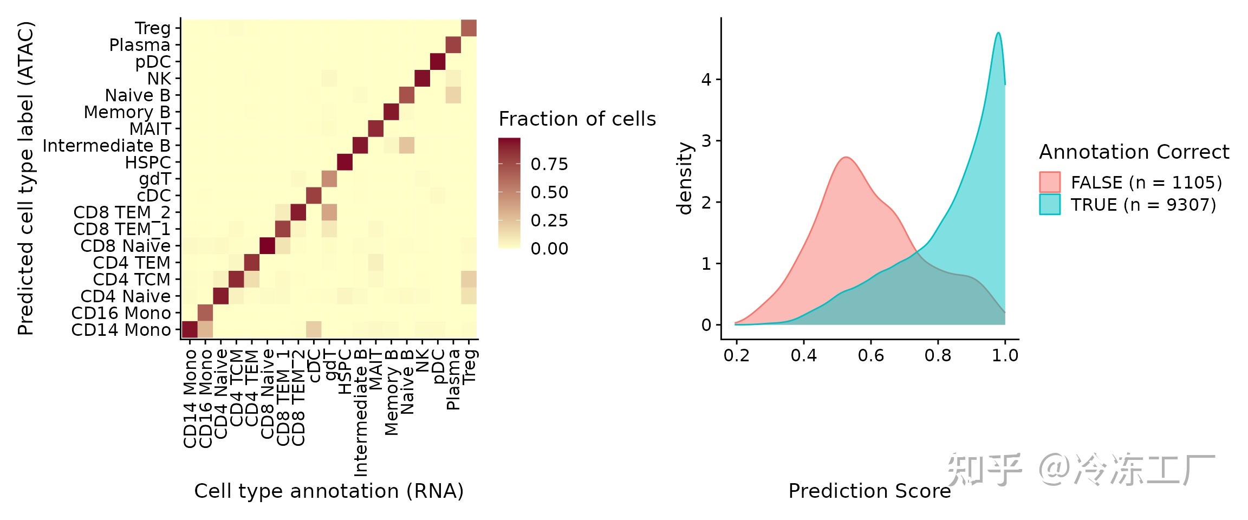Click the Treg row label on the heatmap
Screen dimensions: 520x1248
click(x=153, y=28)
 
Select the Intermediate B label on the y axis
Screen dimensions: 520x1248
click(x=106, y=146)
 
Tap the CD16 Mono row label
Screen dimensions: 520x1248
click(x=121, y=313)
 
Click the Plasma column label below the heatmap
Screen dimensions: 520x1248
click(x=453, y=379)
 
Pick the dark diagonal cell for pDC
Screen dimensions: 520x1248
click(x=438, y=62)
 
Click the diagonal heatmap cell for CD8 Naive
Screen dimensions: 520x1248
click(x=267, y=246)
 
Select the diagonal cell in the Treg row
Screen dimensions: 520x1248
click(x=469, y=28)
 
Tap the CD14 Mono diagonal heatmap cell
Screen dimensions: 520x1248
click(x=190, y=329)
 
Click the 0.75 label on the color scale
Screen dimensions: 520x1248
click(x=549, y=164)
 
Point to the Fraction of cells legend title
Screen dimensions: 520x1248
click(x=577, y=119)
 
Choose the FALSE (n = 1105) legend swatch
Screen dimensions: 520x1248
click(x=1049, y=182)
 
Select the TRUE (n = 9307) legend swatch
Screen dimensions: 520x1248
click(x=1049, y=205)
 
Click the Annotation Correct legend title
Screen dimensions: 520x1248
click(x=1134, y=152)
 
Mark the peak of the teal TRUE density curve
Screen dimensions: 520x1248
click(x=998, y=33)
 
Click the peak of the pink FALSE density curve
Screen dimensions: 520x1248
click(x=846, y=158)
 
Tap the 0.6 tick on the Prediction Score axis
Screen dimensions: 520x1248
click(x=870, y=355)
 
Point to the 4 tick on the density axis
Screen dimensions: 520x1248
click(x=706, y=80)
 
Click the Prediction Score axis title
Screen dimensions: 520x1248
click(x=869, y=491)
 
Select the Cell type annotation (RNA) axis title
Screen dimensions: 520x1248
click(x=329, y=491)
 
